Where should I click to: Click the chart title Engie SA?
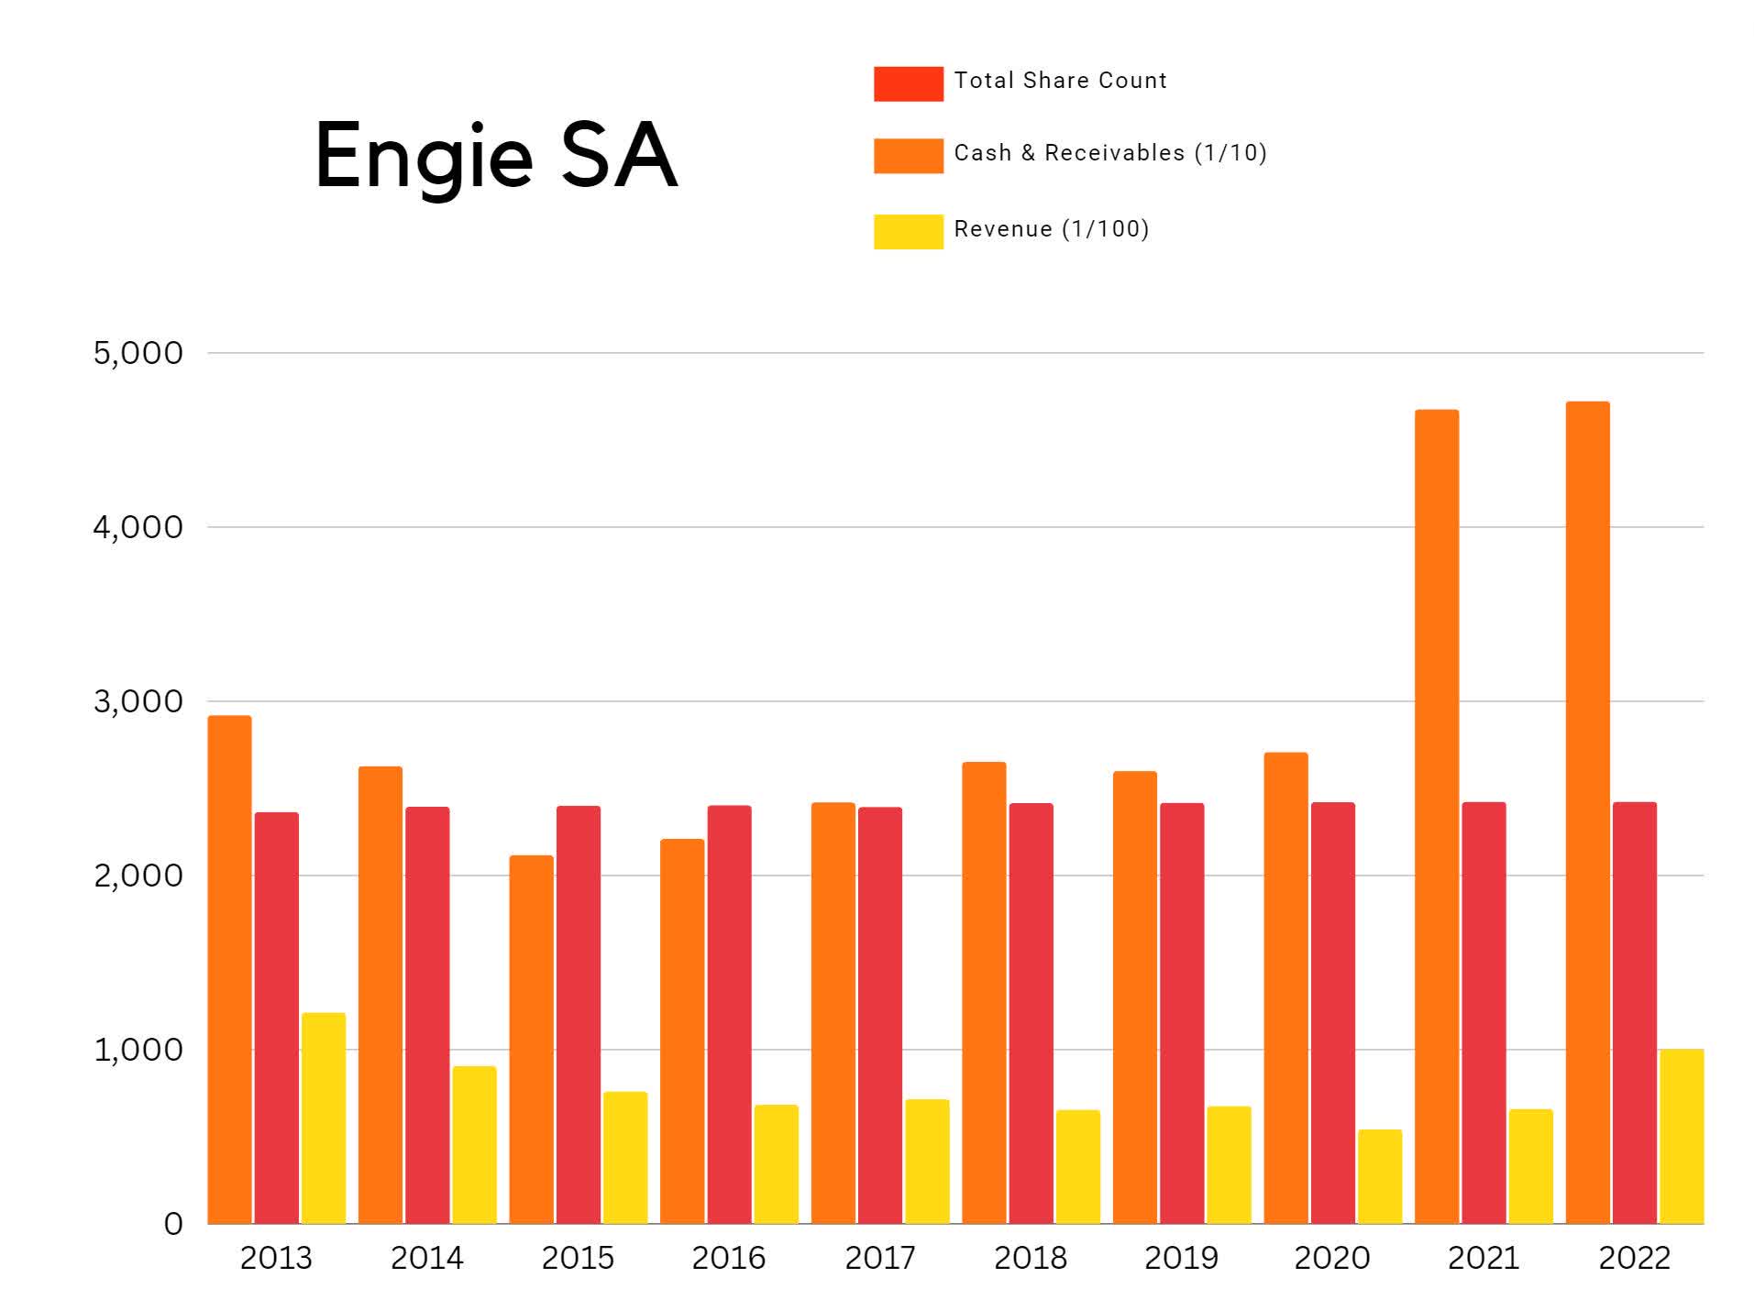[x=495, y=156]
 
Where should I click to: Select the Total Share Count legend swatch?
[x=907, y=83]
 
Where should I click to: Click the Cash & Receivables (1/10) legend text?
[x=1109, y=153]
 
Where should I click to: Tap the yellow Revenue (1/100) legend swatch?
[x=907, y=231]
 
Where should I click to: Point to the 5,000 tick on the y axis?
[x=138, y=353]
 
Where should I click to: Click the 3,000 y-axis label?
[x=138, y=701]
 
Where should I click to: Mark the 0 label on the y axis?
[x=172, y=1224]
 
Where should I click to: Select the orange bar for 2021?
[x=1436, y=816]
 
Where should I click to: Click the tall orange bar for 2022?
[x=1587, y=811]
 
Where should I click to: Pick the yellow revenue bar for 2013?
[x=323, y=1118]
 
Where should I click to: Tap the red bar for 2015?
[x=578, y=1014]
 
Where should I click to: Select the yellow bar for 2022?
[x=1681, y=1136]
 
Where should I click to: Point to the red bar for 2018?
[x=1031, y=1013]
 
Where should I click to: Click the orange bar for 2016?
[x=681, y=1030]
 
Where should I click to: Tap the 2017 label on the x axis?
[x=879, y=1258]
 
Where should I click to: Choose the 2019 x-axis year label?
[x=1181, y=1258]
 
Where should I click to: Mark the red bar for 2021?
[x=1483, y=1012]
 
